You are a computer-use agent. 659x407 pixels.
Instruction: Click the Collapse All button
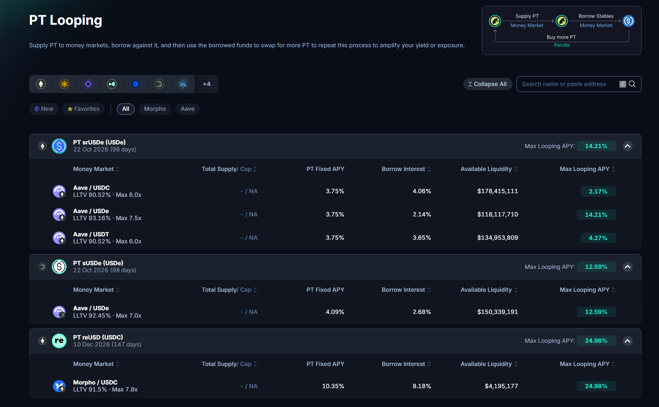[x=487, y=84]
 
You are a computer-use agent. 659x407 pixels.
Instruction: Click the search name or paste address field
[x=570, y=84]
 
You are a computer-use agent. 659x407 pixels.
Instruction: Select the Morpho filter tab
[x=155, y=109]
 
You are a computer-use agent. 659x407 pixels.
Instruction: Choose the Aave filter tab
[x=187, y=109]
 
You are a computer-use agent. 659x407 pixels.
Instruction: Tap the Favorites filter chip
[x=83, y=109]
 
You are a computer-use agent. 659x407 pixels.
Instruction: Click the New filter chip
[x=44, y=109]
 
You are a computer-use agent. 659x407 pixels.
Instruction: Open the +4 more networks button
[x=206, y=84]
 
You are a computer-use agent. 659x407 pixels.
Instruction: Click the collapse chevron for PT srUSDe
[x=628, y=146]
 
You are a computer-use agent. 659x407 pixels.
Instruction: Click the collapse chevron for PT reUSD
[x=628, y=341]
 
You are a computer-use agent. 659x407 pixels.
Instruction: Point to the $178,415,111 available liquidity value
[x=497, y=191]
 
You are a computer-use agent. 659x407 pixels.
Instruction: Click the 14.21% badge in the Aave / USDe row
[x=596, y=215]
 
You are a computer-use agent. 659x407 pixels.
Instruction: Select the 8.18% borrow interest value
[x=422, y=386]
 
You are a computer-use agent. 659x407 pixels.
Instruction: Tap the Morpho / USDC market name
[x=95, y=382]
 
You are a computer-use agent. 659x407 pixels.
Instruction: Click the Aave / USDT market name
[x=91, y=234]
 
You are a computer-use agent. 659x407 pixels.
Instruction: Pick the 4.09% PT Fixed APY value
[x=335, y=312]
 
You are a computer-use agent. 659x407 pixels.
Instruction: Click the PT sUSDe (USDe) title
[x=98, y=263]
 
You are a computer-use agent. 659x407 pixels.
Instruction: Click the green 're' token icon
[x=59, y=341]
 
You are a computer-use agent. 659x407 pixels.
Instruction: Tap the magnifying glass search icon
[x=632, y=84]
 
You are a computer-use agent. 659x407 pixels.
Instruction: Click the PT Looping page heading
[x=65, y=20]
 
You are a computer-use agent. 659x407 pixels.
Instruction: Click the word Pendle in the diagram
[x=562, y=45]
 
